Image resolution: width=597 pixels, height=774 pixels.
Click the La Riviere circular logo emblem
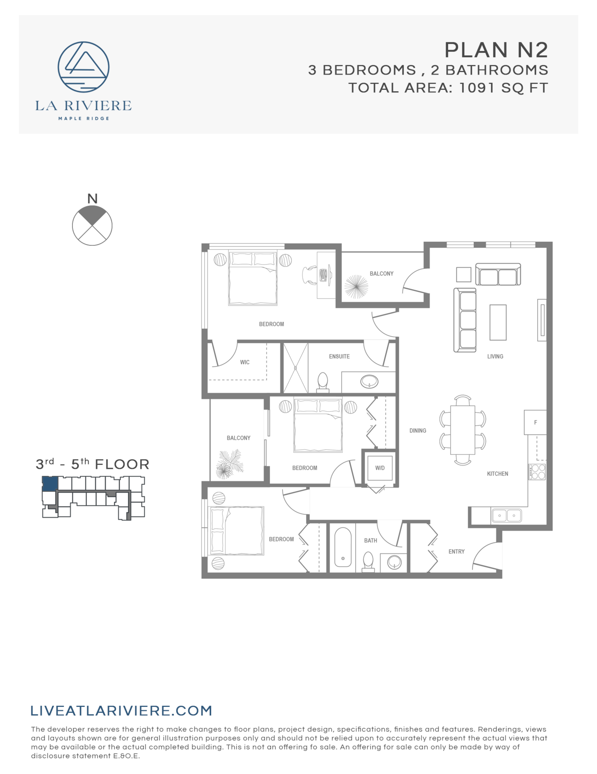coord(83,67)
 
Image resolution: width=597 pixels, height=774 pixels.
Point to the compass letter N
coord(92,199)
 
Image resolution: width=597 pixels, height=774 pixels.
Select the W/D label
coord(380,468)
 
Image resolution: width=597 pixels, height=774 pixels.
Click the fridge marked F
coord(535,422)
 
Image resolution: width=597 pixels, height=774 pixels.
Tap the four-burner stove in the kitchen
coord(537,472)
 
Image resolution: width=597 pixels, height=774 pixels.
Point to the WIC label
coord(245,362)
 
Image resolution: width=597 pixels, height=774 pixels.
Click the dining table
coord(462,430)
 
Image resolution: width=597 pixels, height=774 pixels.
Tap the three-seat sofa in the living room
coord(465,320)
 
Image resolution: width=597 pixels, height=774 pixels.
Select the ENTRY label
coord(456,552)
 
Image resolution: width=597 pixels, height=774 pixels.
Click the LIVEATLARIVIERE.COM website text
coord(121,710)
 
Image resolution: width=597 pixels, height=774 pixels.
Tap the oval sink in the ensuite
coord(369,382)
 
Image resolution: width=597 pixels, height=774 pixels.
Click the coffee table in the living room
coord(498,322)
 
